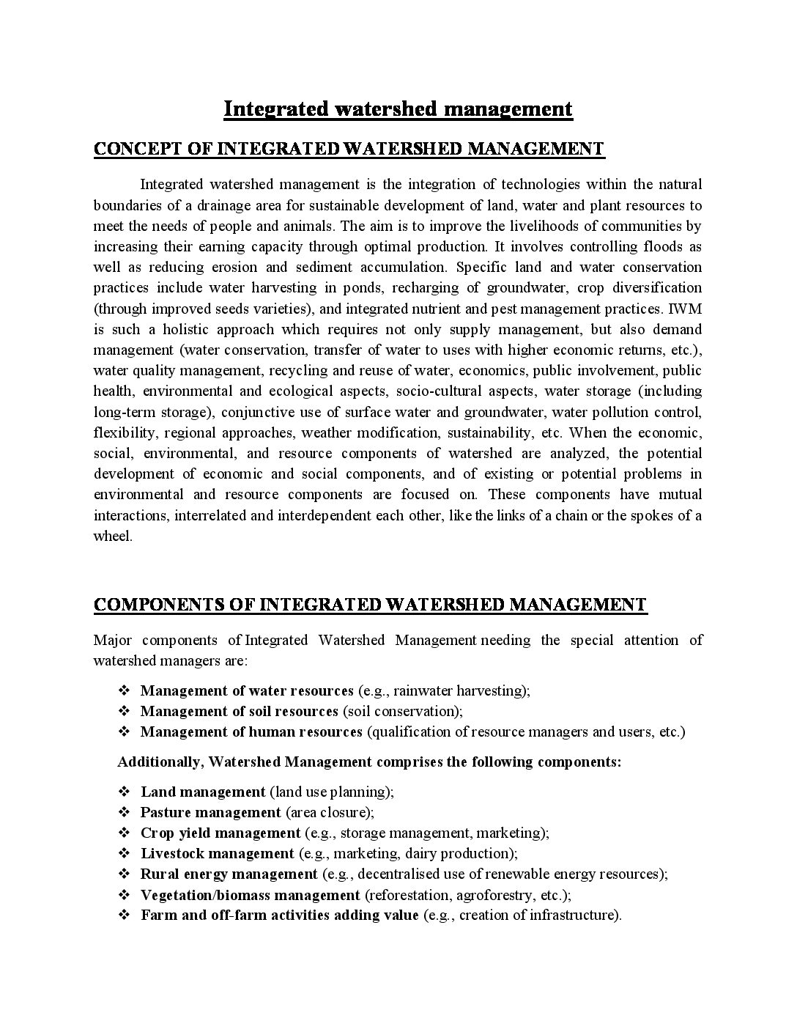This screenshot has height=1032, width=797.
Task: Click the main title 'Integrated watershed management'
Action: [x=398, y=109]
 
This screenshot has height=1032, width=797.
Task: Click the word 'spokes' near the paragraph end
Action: [x=653, y=515]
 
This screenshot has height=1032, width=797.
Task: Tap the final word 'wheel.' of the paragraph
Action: [x=113, y=536]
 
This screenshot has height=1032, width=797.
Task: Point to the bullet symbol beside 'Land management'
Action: [x=124, y=792]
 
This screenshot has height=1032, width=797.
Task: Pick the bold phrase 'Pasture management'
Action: [x=211, y=812]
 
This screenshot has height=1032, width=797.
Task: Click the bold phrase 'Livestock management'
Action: [x=217, y=853]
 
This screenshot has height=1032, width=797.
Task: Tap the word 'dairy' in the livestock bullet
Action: [x=421, y=853]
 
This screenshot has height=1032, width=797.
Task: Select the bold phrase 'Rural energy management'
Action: [x=229, y=874]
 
